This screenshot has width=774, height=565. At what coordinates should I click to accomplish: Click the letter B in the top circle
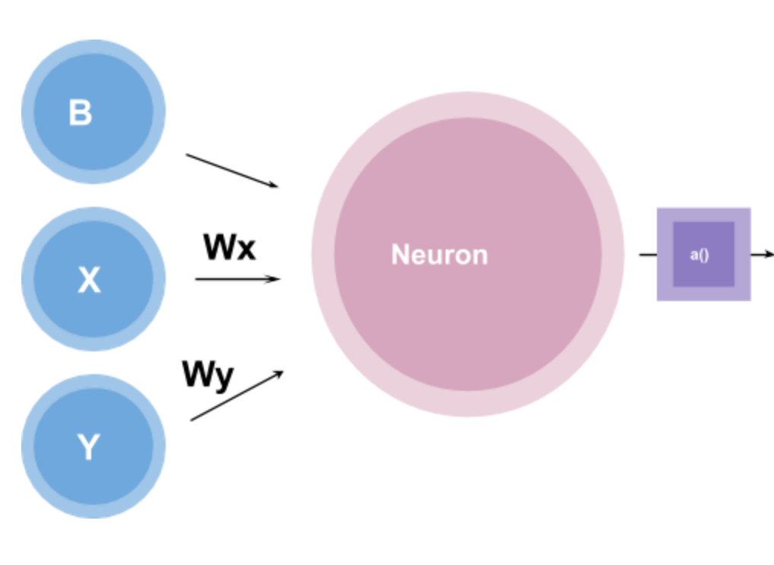click(80, 113)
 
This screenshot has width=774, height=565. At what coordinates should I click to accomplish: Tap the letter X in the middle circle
click(89, 281)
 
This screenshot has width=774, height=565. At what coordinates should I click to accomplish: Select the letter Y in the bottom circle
click(88, 447)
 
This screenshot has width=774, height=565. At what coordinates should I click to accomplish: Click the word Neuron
click(439, 255)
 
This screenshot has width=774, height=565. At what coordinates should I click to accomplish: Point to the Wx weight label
click(229, 247)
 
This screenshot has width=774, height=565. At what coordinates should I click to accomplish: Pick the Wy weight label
click(208, 375)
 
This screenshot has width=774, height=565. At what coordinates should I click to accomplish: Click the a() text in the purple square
click(699, 255)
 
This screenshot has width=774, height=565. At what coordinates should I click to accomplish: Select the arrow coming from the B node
click(232, 170)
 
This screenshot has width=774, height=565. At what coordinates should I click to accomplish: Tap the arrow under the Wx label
click(237, 279)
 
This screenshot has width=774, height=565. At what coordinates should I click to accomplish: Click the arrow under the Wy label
click(236, 396)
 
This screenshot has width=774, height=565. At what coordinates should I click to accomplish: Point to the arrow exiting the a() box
click(762, 255)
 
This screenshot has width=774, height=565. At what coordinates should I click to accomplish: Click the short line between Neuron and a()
click(648, 255)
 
